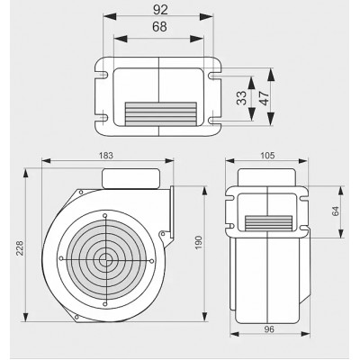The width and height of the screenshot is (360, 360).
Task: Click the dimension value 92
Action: (x=160, y=10)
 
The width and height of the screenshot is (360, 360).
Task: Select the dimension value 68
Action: (x=159, y=27)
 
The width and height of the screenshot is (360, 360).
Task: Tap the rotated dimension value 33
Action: (x=241, y=98)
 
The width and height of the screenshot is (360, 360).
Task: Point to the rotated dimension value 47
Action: (x=265, y=98)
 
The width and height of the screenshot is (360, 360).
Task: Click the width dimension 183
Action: (x=106, y=156)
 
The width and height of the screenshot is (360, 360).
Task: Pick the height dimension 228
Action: (x=20, y=247)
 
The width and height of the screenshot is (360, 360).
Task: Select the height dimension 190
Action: (x=199, y=243)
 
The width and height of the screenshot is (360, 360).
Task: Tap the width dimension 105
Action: (x=267, y=156)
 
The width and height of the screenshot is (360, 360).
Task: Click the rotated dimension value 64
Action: (x=336, y=211)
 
